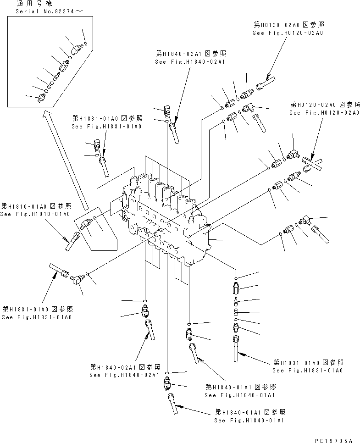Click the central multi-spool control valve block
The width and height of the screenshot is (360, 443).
click(x=165, y=220)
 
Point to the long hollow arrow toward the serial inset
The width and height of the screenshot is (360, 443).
click(x=64, y=161)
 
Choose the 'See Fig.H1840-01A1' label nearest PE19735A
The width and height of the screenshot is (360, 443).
click(x=249, y=419)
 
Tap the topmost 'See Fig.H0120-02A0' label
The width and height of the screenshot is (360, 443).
click(x=288, y=33)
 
